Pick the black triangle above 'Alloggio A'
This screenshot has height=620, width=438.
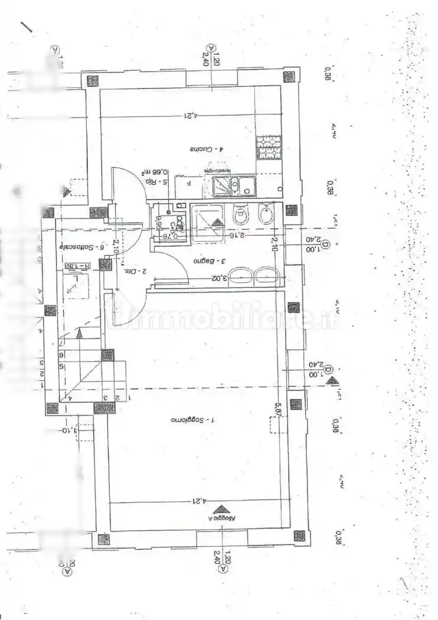click(x=221, y=509)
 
